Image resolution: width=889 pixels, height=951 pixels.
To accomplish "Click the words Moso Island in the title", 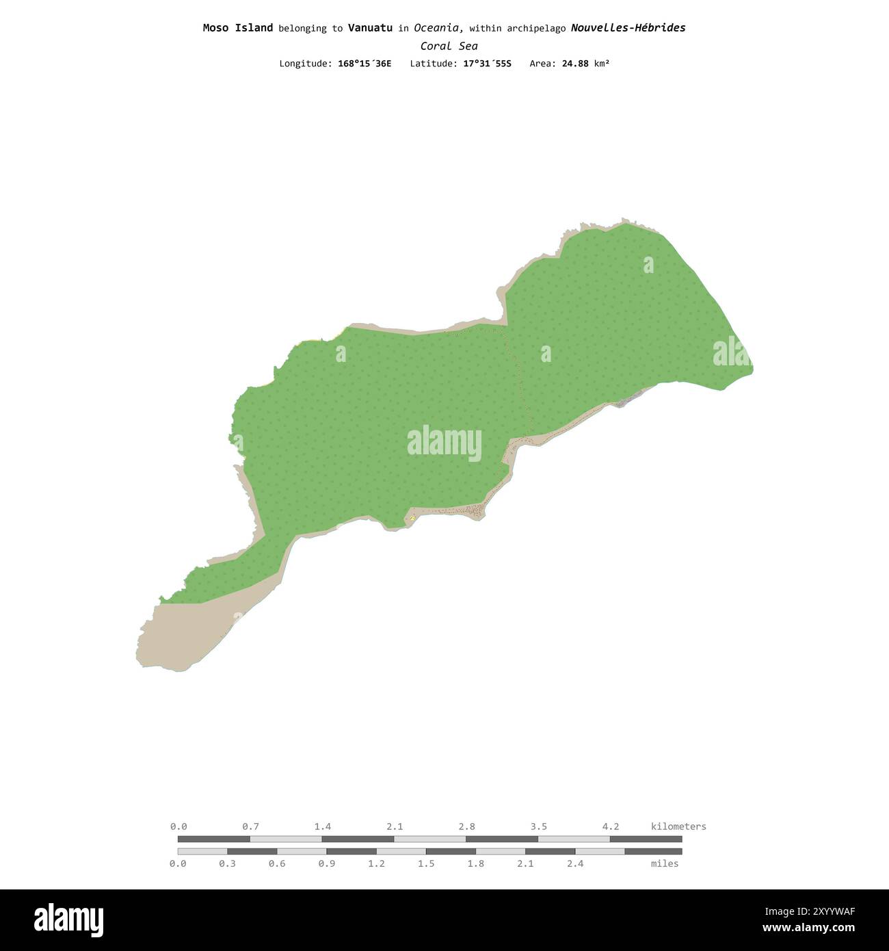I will pyautogui.click(x=237, y=28).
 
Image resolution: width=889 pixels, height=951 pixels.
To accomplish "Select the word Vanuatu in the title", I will pyautogui.click(x=370, y=28).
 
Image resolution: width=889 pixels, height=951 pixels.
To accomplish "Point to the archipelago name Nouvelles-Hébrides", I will pyautogui.click(x=628, y=28).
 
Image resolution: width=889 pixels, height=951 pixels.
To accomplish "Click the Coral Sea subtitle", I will pyautogui.click(x=449, y=47).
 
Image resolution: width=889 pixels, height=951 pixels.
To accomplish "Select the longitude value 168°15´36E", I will pyautogui.click(x=364, y=64).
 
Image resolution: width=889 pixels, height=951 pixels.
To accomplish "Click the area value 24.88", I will pyautogui.click(x=575, y=64).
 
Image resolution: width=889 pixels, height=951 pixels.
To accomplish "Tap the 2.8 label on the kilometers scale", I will pyautogui.click(x=467, y=826).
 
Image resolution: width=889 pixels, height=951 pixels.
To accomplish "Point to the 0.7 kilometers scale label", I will pyautogui.click(x=250, y=826).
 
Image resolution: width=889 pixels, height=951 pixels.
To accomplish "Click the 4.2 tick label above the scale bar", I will pyautogui.click(x=611, y=826).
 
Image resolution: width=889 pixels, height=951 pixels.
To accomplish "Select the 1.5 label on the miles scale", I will pyautogui.click(x=426, y=863).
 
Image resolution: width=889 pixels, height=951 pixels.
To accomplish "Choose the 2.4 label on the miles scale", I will pyautogui.click(x=575, y=863).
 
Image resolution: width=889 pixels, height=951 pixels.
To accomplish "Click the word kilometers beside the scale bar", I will pyautogui.click(x=678, y=826).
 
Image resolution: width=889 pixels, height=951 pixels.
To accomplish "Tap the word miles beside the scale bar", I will pyautogui.click(x=665, y=863).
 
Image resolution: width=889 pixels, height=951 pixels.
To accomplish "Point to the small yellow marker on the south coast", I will pyautogui.click(x=412, y=518).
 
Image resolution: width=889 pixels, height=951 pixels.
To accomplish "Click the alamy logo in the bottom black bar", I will pyautogui.click(x=68, y=920).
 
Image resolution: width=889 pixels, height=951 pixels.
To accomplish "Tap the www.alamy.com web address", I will pyautogui.click(x=808, y=928).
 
